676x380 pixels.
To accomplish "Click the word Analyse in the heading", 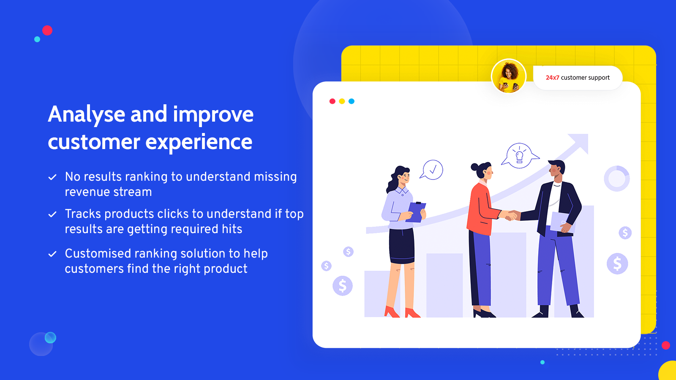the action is pos(86,115).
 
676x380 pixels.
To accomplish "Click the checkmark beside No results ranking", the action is pos(52,177).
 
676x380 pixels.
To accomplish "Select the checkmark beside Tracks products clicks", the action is pos(52,214).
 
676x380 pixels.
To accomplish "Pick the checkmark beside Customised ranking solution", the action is pos(52,254).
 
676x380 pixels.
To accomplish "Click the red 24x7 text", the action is pos(552,78).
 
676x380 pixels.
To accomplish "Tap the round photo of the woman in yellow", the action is pos(509,76).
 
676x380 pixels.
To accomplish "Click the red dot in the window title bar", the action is pos(332,101).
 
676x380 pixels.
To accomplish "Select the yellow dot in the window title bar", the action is pos(342,101).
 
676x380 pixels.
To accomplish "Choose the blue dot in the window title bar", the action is pos(352,101).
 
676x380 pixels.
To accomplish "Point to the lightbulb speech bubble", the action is pos(520,156).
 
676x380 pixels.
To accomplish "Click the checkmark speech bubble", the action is pos(431,170).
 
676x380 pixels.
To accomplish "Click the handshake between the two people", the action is pos(510,215).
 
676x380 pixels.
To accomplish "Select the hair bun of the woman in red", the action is pos(474,167).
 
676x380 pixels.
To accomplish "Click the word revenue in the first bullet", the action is pos(87,193).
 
